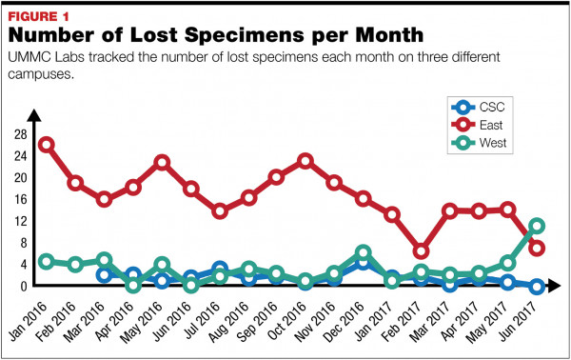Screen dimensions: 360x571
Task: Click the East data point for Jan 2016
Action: (x=47, y=146)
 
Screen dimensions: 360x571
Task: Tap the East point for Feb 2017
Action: (x=422, y=251)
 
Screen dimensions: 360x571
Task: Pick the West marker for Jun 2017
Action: (x=537, y=227)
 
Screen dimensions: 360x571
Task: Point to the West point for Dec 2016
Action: (x=363, y=254)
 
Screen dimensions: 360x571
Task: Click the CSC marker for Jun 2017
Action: (x=537, y=286)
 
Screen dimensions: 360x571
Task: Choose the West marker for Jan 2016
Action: (x=47, y=261)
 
